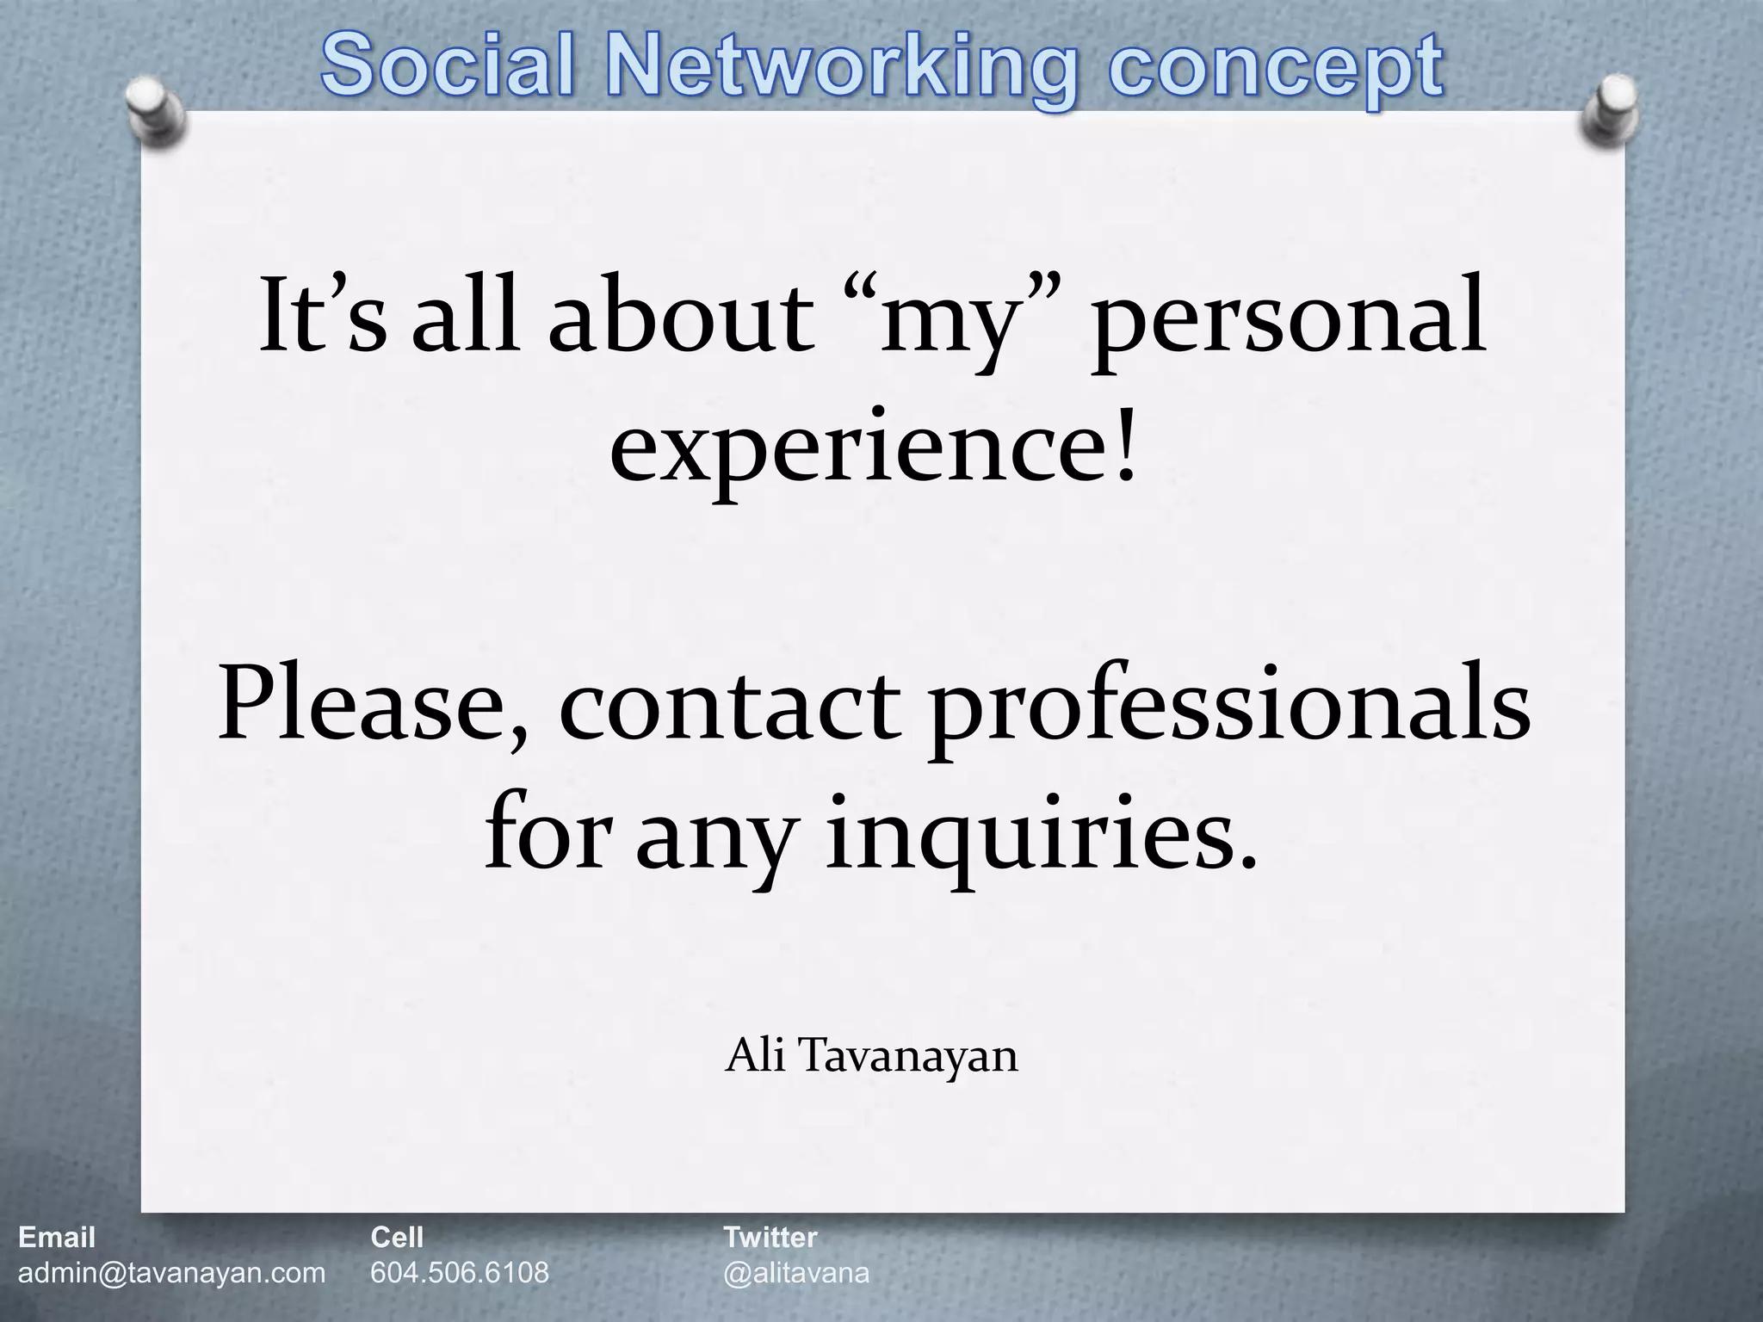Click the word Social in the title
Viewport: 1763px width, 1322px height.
tap(448, 67)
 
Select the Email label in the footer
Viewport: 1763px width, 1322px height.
tap(57, 1238)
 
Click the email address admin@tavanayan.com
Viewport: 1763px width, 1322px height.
tap(171, 1272)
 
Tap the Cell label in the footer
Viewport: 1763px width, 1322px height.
tap(397, 1238)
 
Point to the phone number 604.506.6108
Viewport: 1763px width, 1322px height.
tap(459, 1272)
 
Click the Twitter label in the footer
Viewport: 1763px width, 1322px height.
tap(770, 1238)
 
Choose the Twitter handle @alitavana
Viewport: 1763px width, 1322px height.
tap(796, 1273)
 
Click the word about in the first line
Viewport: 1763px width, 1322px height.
tap(680, 318)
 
